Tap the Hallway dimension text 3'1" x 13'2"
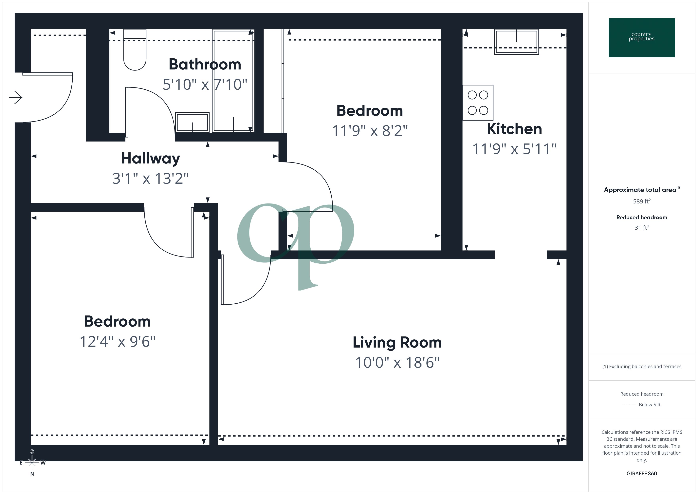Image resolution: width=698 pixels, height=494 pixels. pyautogui.click(x=151, y=179)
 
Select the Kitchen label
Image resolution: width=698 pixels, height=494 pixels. pyautogui.click(x=514, y=129)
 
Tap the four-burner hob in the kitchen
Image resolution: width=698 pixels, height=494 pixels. pyautogui.click(x=478, y=103)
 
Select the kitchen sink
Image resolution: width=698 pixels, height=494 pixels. pyautogui.click(x=516, y=42)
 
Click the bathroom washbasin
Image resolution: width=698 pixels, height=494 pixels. pyautogui.click(x=192, y=122)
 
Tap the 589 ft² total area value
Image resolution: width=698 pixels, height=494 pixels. pyautogui.click(x=641, y=201)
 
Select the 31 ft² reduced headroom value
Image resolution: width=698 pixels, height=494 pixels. pyautogui.click(x=641, y=228)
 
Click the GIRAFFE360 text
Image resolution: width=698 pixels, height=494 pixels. pyautogui.click(x=641, y=474)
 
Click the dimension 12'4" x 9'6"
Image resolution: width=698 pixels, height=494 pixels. pyautogui.click(x=117, y=342)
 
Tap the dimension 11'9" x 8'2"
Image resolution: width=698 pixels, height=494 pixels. pyautogui.click(x=369, y=131)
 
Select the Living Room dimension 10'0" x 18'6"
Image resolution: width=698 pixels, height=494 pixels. pyautogui.click(x=397, y=363)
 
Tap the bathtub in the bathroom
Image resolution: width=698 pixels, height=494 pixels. pyautogui.click(x=233, y=81)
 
